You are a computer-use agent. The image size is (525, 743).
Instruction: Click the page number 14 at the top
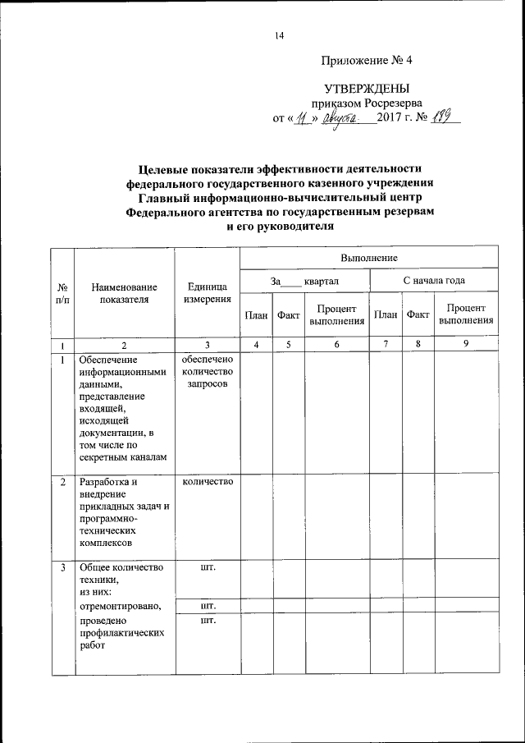[x=279, y=34]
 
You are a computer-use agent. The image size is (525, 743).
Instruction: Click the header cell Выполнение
[x=371, y=258]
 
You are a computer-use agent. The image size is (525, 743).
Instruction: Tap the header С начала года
[x=433, y=281]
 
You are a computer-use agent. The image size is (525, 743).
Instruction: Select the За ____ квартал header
[x=304, y=281]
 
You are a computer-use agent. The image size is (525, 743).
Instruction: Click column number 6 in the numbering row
[x=337, y=345]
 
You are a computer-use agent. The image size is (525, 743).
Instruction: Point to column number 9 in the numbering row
[x=465, y=345]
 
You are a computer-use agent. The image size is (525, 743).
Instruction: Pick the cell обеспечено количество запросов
[x=207, y=372]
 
